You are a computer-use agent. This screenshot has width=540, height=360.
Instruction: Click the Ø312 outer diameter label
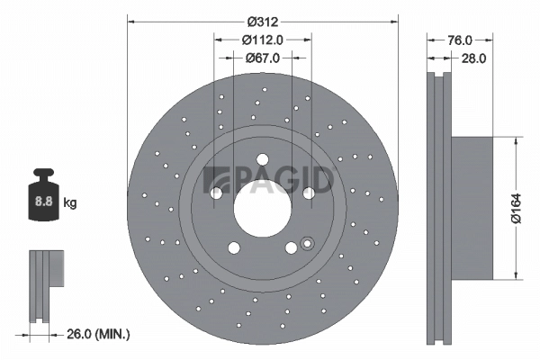(x=263, y=19)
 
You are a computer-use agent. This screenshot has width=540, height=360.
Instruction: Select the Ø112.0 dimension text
(x=263, y=39)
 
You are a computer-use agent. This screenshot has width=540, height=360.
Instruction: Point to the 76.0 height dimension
(x=460, y=40)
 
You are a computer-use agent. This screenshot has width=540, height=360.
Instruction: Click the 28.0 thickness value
(x=473, y=58)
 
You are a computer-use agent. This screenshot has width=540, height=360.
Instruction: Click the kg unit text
(x=70, y=203)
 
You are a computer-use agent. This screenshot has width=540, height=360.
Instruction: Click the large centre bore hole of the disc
(x=263, y=212)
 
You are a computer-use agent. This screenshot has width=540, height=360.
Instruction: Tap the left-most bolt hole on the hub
(x=216, y=192)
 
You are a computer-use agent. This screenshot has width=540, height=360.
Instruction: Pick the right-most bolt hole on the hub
(x=309, y=192)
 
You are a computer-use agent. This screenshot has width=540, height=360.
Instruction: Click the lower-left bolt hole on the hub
(x=234, y=248)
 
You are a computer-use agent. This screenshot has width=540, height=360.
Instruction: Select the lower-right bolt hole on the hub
(x=292, y=248)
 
